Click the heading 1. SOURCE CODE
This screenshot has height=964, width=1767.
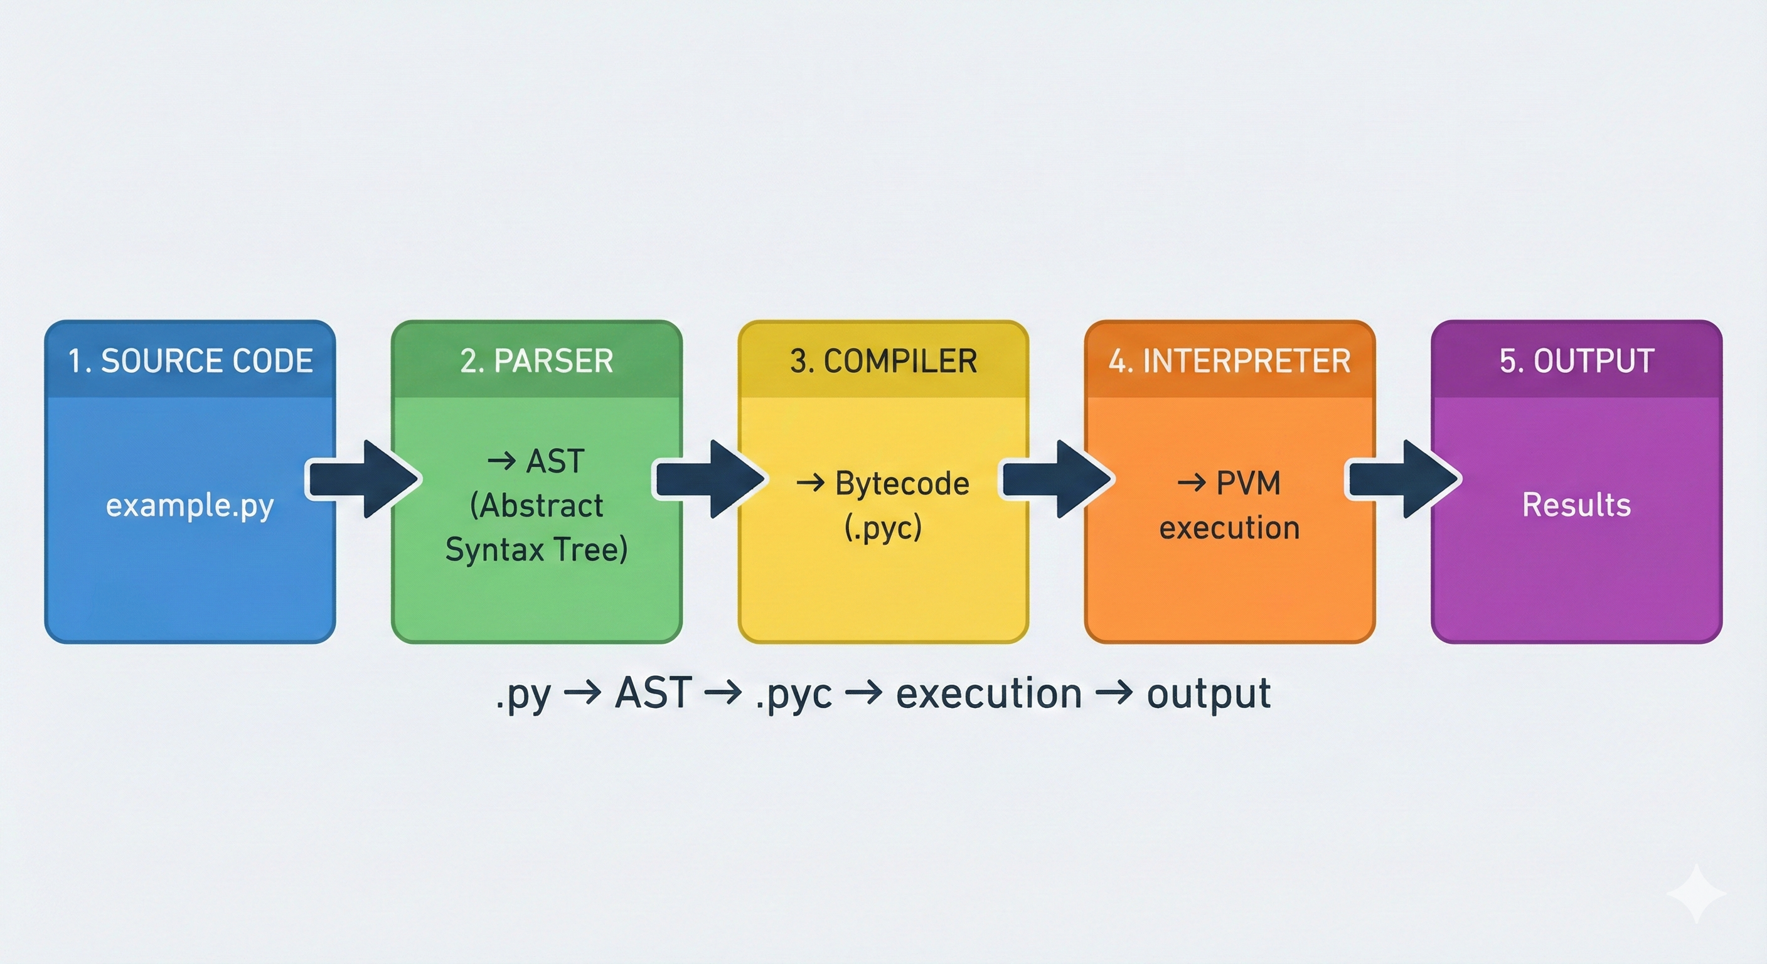click(190, 361)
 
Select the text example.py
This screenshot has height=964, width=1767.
click(190, 506)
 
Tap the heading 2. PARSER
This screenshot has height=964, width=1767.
click(537, 361)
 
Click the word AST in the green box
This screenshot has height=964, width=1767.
click(555, 461)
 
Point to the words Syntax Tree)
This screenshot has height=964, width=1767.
click(537, 550)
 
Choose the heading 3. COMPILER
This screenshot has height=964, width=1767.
click(883, 361)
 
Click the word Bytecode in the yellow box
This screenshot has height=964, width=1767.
click(902, 484)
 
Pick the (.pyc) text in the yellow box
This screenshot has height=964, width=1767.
click(883, 528)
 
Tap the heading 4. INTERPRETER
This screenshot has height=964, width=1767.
click(1229, 361)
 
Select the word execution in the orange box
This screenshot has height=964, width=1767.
click(1229, 528)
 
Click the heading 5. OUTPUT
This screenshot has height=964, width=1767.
click(1576, 361)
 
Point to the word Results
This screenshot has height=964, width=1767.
click(1576, 506)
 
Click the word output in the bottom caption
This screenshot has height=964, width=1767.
click(1209, 694)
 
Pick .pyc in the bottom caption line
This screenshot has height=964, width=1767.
click(794, 695)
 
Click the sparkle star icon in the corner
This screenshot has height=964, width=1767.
click(1695, 892)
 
